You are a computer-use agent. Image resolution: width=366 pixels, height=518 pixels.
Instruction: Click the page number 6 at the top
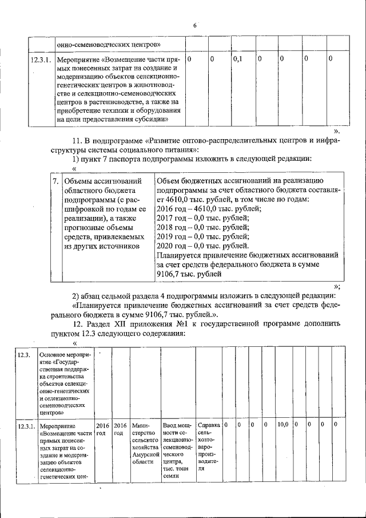point(194,26)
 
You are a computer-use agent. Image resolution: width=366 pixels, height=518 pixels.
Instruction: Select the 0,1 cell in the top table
point(238,59)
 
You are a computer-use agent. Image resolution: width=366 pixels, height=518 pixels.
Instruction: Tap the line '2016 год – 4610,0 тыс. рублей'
point(208,209)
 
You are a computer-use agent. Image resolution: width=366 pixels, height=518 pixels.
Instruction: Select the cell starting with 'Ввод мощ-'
point(178,426)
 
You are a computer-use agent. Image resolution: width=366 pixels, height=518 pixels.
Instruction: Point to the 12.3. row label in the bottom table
point(24,355)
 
